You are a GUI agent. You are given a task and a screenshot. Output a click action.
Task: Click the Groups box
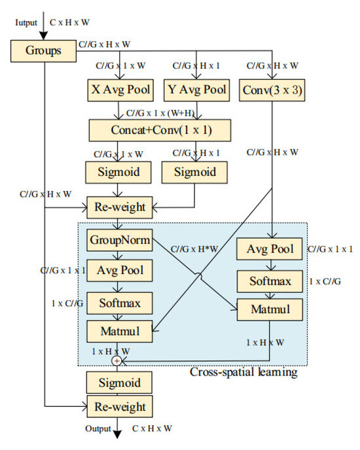coord(43,49)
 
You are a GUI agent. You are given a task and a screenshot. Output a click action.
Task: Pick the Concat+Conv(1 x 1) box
coord(160,130)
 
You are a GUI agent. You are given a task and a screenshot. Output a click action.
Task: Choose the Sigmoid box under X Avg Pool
coord(118,173)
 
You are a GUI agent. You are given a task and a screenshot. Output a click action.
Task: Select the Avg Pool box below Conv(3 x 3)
coord(270,249)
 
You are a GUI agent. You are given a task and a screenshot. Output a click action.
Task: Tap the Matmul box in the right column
coord(270,309)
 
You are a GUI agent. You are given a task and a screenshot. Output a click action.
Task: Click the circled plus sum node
coord(118,360)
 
